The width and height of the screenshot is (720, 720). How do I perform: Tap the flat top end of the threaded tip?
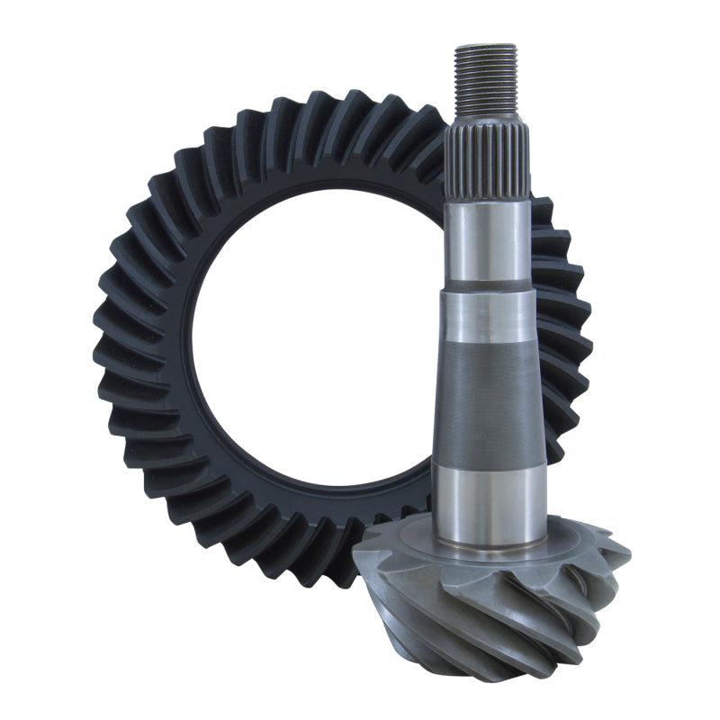(x=485, y=46)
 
